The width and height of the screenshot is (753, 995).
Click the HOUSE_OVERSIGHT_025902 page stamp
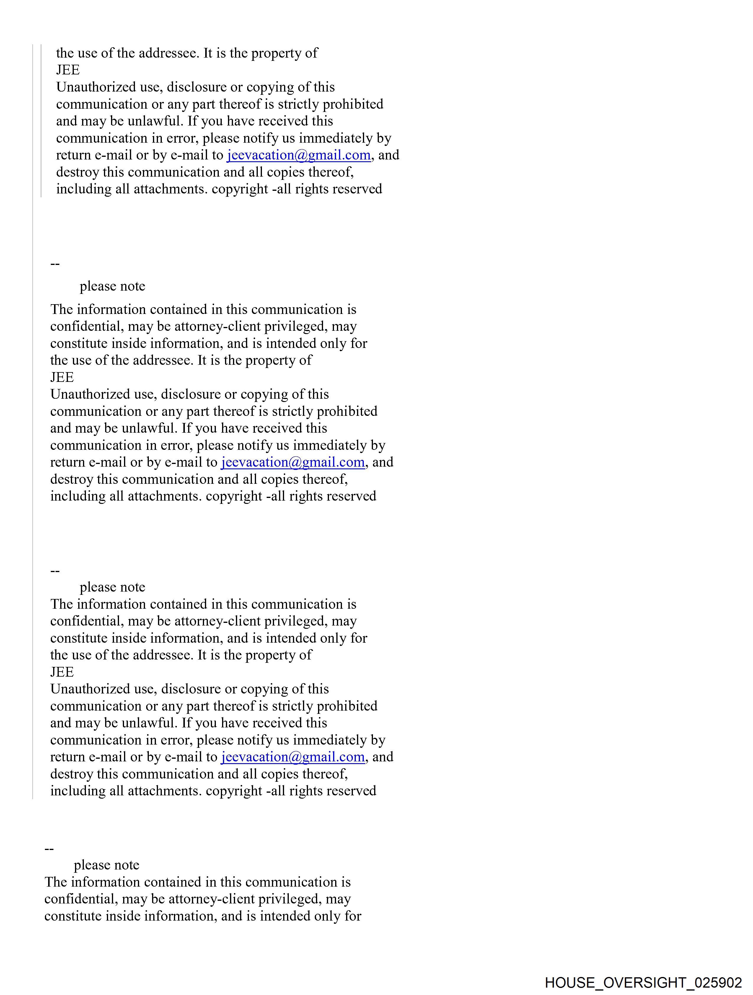pos(643,982)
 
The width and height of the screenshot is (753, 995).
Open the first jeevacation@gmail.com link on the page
pos(299,155)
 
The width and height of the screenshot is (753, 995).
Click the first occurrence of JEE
pos(68,70)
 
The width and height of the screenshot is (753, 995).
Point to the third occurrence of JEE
pos(62,672)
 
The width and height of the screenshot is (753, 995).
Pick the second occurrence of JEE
pos(62,377)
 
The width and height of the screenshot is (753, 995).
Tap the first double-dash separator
pos(55,264)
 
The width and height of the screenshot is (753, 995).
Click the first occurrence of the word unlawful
pos(154,121)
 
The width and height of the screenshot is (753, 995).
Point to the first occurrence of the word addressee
pos(168,53)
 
